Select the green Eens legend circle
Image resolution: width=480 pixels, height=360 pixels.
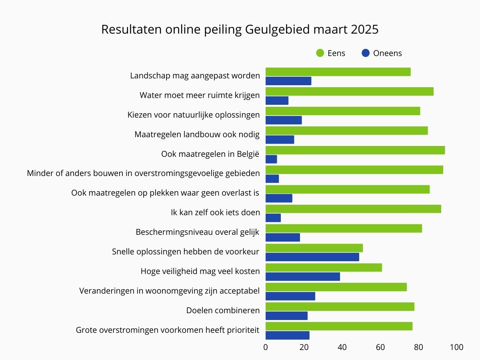320,53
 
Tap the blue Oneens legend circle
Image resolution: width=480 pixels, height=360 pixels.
365,53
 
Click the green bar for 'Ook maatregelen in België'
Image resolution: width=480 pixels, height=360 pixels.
355,150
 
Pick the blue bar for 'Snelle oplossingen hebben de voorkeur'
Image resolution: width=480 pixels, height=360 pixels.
312,257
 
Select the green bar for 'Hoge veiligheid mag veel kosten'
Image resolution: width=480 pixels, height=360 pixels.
324,268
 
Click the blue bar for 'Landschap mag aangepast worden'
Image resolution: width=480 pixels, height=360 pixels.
288,81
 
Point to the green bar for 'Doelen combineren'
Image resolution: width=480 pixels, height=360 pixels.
340,307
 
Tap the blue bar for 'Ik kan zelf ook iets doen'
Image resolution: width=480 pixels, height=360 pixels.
273,218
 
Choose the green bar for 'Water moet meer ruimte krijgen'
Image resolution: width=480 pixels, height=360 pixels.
350,92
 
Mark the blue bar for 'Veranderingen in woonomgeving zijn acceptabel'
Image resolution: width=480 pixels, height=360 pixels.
290,296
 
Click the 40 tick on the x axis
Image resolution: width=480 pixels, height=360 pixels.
342,347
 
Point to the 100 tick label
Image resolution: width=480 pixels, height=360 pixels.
456,347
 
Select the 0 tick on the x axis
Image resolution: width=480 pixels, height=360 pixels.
266,347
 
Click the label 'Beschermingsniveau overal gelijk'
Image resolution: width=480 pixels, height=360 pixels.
198,232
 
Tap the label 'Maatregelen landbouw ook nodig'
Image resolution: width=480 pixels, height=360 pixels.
197,134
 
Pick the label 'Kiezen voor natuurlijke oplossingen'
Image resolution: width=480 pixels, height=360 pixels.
194,115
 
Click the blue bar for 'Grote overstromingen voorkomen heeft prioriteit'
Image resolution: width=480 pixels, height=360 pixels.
287,335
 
